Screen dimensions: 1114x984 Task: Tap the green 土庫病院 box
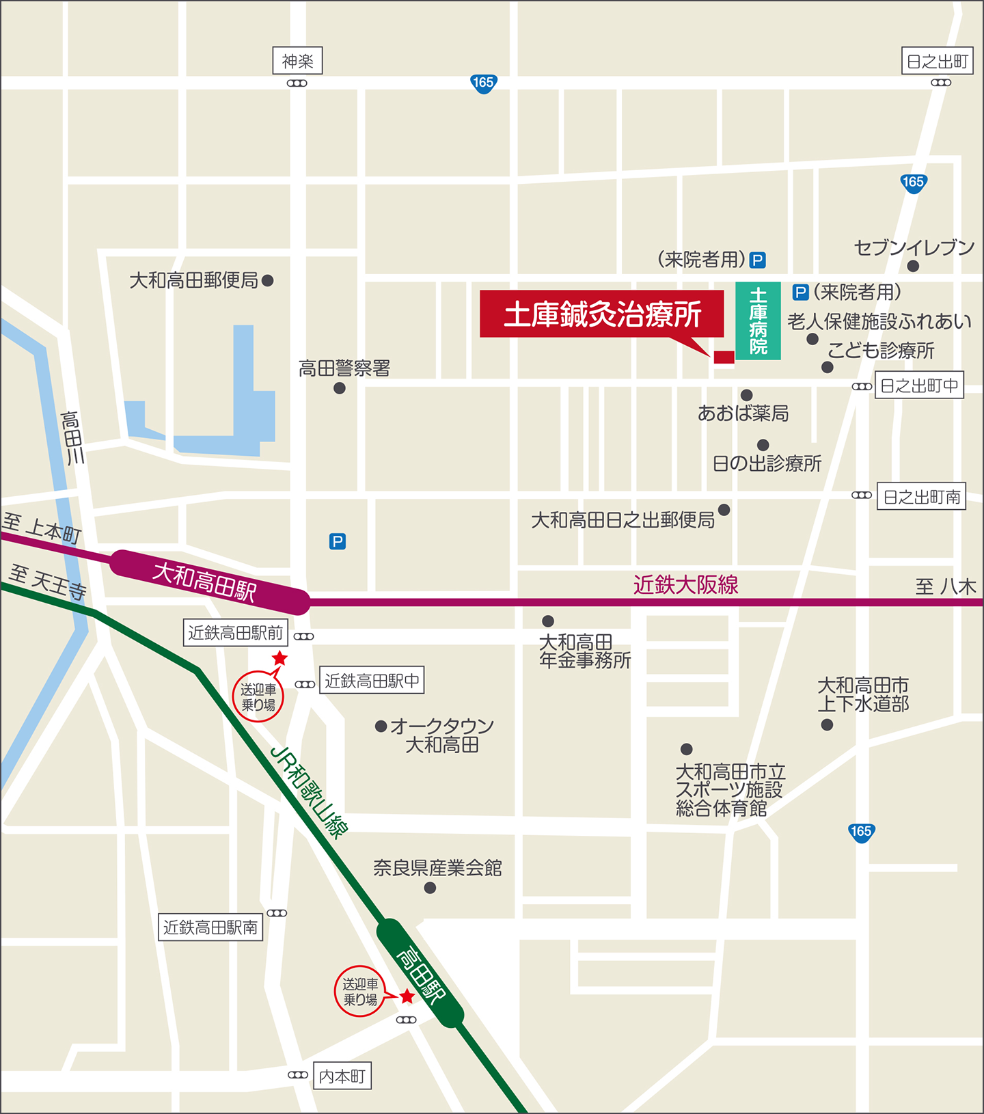coord(758,321)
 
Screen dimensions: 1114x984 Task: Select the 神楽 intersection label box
coord(297,62)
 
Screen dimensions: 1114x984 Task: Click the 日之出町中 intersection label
coord(919,385)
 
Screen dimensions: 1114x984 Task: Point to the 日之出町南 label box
coord(921,497)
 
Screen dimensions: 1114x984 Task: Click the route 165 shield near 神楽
coord(483,83)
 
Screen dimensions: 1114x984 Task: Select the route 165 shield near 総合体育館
coord(861,832)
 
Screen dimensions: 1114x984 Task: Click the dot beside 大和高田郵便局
coord(268,280)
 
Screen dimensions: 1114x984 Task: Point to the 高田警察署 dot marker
coord(339,388)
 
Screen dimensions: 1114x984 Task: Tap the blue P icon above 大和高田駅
coord(338,541)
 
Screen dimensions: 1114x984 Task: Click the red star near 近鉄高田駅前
coord(279,658)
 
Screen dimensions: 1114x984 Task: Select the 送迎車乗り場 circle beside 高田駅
coord(360,992)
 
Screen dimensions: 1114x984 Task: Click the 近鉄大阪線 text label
coord(685,585)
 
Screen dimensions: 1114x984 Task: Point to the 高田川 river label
coord(72,437)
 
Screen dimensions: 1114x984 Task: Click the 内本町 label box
coord(342,1076)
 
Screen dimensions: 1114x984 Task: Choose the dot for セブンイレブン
coord(913,266)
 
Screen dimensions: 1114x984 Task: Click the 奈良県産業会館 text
coord(437,868)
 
